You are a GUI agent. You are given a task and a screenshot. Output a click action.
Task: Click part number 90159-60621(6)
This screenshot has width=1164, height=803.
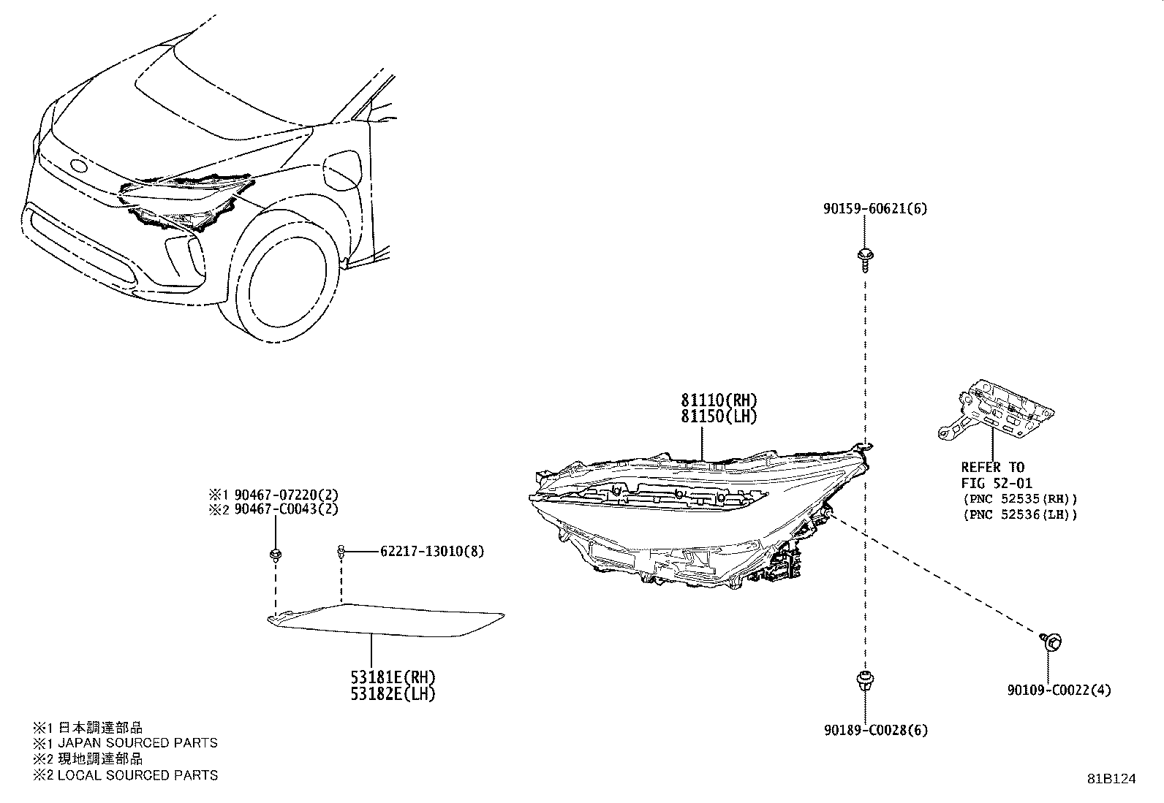[x=875, y=209]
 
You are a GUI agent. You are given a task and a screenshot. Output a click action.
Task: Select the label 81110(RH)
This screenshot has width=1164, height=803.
[x=719, y=400]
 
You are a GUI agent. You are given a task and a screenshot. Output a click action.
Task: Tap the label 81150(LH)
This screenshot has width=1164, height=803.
[x=719, y=416]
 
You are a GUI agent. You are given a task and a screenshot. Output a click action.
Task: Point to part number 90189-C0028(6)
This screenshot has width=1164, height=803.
[x=876, y=730]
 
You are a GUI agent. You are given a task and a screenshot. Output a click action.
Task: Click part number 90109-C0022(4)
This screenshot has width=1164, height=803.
[x=1059, y=690]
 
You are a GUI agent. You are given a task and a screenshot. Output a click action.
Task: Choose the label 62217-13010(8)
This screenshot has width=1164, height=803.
[x=432, y=551]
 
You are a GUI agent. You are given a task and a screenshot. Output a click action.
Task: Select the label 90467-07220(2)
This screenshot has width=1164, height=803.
[x=287, y=495]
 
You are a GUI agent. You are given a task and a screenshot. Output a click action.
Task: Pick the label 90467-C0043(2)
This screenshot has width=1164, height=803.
[x=287, y=509]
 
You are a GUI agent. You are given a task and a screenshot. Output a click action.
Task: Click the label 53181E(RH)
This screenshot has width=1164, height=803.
[x=393, y=677]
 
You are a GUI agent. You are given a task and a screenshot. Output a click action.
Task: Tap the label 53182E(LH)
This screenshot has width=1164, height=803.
[x=393, y=694]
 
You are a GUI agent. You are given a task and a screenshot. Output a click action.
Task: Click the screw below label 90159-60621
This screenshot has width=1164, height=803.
[x=865, y=259]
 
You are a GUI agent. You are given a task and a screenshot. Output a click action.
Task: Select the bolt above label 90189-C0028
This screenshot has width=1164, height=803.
[x=865, y=681]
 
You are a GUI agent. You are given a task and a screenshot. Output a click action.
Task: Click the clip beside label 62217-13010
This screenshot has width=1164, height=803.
[x=341, y=552]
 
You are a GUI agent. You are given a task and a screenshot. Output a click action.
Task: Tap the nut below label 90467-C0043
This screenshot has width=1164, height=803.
[x=276, y=555]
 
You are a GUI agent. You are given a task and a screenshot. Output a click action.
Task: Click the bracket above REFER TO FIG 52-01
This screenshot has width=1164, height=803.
[x=995, y=410]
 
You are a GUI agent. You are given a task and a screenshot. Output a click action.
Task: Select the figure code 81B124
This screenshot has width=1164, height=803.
[x=1112, y=779]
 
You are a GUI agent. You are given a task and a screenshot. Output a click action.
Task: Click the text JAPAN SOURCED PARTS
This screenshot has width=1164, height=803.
[x=137, y=743]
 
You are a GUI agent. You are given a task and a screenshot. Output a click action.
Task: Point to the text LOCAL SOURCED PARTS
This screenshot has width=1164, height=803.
[x=137, y=775]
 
